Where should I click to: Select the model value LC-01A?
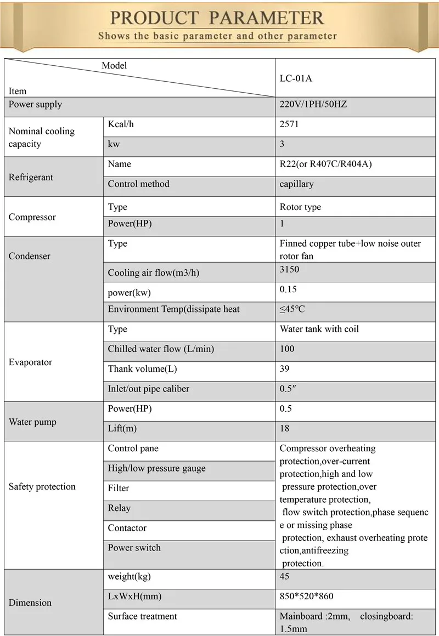(x=296, y=78)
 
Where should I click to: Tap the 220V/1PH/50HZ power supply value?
(x=313, y=104)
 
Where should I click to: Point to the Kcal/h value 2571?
(x=289, y=124)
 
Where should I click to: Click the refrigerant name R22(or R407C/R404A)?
(x=325, y=164)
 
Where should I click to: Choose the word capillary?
(x=296, y=184)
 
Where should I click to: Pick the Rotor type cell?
(x=300, y=207)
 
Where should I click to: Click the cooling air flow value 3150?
(x=289, y=270)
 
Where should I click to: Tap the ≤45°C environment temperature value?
(x=292, y=309)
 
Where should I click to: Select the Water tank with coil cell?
(x=319, y=329)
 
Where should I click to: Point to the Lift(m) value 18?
(x=284, y=428)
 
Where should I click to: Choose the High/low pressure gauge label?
(x=156, y=468)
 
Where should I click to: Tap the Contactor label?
(x=127, y=528)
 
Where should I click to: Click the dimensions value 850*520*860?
(x=306, y=596)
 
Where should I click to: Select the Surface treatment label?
(x=142, y=616)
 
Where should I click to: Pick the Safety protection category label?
(x=42, y=486)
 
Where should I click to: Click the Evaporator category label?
(x=30, y=362)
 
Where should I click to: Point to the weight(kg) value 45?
(x=284, y=576)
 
